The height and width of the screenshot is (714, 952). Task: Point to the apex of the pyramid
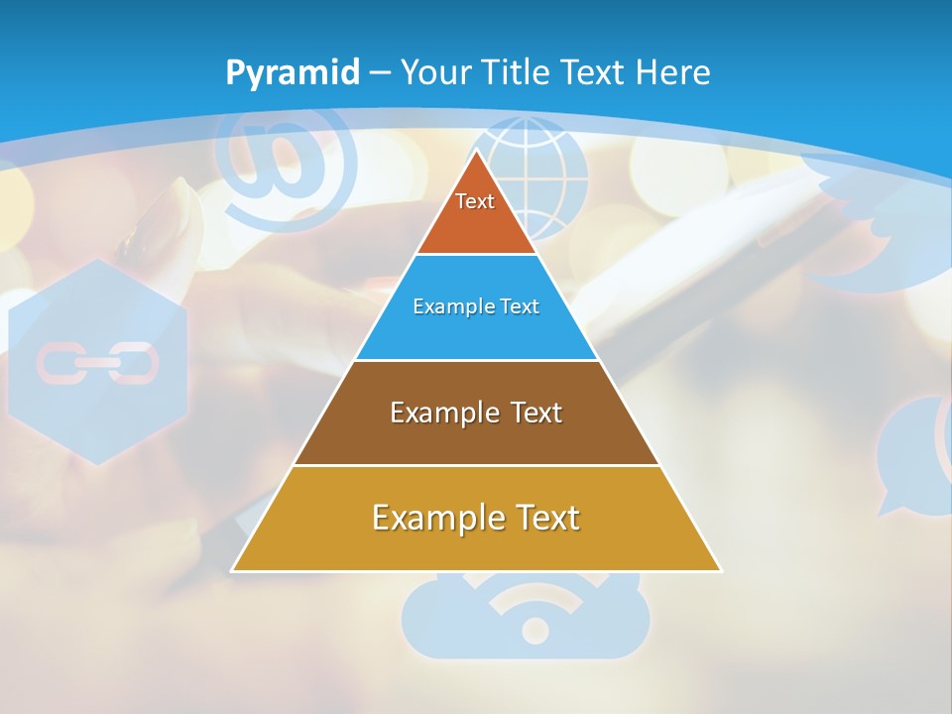click(477, 152)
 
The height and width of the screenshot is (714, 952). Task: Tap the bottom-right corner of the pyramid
click(720, 570)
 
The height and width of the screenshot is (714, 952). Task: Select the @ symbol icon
click(288, 164)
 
